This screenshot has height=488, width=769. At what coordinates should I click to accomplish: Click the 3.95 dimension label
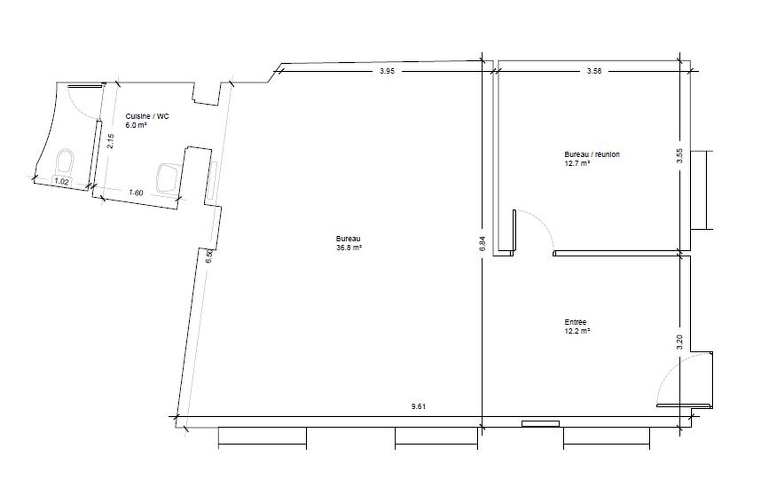point(387,71)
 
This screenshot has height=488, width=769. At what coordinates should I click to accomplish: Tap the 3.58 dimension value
point(594,71)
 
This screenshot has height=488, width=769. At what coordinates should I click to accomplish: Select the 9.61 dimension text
point(419,407)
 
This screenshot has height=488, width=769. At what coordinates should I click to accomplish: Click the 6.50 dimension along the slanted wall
point(209,256)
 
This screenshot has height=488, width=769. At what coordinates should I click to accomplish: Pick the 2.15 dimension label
point(110,141)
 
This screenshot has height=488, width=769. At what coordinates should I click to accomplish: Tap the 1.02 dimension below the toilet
point(62,182)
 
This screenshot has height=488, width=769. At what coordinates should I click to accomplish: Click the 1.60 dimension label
point(136,193)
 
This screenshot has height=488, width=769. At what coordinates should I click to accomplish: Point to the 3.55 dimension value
point(680,156)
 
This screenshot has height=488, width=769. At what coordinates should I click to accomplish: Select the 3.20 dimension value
point(680,342)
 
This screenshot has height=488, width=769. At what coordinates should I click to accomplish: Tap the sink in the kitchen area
point(168,178)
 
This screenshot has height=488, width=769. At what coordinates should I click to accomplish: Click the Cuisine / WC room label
point(147,116)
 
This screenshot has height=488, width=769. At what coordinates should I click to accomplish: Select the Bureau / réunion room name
point(592,154)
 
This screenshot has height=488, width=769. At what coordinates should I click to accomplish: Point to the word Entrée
point(576,322)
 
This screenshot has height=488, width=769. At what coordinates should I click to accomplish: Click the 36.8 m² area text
point(349,247)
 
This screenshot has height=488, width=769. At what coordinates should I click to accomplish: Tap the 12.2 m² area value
point(577,331)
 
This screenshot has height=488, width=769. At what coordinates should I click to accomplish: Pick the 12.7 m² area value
point(577,163)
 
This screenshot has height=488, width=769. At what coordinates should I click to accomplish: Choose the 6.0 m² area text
point(136,125)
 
